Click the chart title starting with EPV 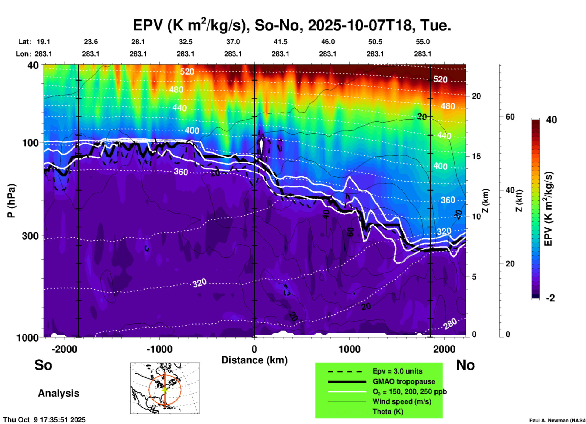tap(292, 25)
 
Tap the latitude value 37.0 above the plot tap(233, 42)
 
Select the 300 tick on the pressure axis tap(30, 236)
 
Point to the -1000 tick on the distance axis tap(159, 349)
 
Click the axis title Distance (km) tap(254, 360)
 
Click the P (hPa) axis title tap(11, 201)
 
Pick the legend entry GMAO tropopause tap(404, 381)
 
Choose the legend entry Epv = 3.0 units tap(397, 371)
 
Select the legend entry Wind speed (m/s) tap(402, 401)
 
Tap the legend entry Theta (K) tap(388, 412)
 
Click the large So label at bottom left tap(43, 365)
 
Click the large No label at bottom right tap(465, 365)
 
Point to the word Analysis tap(58, 393)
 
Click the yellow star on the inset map tap(165, 389)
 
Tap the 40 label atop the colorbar tap(551, 120)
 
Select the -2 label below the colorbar tap(550, 298)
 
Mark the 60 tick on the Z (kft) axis tap(510, 117)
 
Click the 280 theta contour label tap(450, 324)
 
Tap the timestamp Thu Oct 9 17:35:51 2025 tap(44, 420)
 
